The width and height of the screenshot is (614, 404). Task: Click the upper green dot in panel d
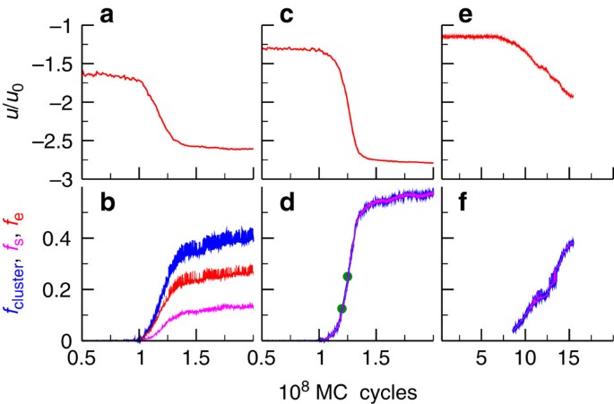point(348,277)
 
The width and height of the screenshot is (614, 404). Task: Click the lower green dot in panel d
point(342,308)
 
